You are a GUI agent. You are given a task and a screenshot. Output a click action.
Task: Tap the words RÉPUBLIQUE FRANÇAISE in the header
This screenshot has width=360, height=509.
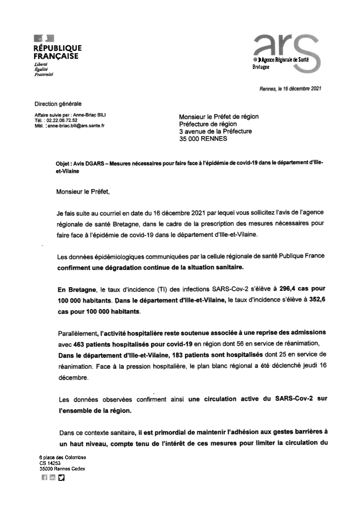(x=58, y=52)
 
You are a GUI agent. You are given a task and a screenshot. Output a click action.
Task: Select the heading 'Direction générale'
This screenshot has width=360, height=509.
(x=58, y=104)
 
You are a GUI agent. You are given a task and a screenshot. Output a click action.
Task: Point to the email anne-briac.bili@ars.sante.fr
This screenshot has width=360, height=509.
(x=76, y=126)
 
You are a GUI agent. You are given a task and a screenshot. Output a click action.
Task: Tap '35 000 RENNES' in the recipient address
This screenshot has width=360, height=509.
(x=203, y=139)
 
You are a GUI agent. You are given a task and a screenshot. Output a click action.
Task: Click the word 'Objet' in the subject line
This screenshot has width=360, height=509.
(x=63, y=162)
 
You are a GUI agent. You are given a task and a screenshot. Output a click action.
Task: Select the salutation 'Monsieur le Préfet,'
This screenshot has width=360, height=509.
(x=83, y=191)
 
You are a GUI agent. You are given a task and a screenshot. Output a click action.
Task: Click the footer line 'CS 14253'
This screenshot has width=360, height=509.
(x=49, y=463)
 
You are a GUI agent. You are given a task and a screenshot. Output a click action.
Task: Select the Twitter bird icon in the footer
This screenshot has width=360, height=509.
(x=61, y=477)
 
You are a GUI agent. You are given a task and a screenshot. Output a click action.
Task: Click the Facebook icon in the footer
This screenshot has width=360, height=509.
(x=44, y=477)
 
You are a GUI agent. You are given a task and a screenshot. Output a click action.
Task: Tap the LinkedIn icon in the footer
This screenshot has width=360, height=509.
(x=53, y=477)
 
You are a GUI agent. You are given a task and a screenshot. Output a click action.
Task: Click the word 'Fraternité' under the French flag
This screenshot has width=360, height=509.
(x=44, y=74)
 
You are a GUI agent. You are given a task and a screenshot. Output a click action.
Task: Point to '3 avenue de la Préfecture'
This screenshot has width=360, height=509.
(x=215, y=132)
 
